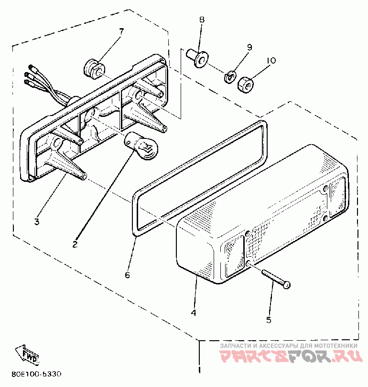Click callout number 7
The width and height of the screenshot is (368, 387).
pos(121,31)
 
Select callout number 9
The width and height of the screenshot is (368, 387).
pos(249,47)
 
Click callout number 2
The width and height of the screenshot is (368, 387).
pos(75,244)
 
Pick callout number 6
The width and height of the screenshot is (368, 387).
pos(127,275)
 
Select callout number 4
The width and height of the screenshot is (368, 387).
pos(193,313)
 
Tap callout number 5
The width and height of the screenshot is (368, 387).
pos(268,320)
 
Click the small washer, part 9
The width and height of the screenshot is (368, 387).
pos(229,75)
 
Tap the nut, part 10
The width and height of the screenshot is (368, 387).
pos(245,84)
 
